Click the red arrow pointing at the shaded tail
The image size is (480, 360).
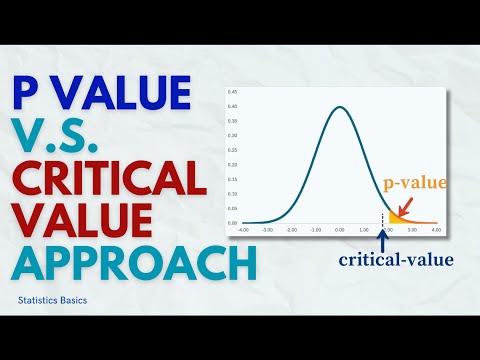click(x=404, y=204)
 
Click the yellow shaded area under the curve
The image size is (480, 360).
click(x=393, y=217)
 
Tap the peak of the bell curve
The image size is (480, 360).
click(x=340, y=108)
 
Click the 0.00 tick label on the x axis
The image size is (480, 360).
click(x=340, y=229)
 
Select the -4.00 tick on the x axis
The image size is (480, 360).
click(x=243, y=229)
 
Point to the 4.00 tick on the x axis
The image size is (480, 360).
click(x=436, y=229)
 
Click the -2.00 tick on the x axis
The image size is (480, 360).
click(x=292, y=229)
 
